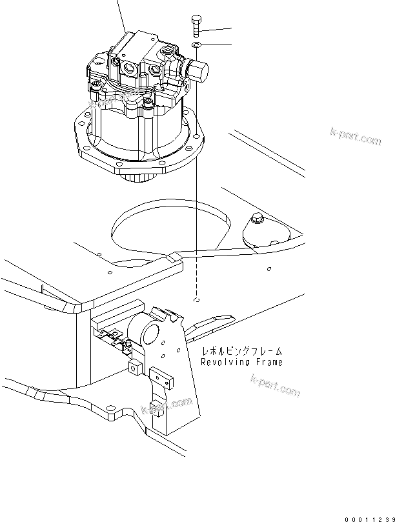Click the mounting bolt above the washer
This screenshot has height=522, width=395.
point(196,26)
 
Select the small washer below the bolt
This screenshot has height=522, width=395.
point(196,45)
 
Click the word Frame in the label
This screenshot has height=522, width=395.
point(265,362)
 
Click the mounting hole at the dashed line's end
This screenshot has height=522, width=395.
point(196,300)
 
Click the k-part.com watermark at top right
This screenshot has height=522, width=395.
point(356,138)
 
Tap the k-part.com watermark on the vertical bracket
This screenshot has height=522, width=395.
point(167,406)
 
